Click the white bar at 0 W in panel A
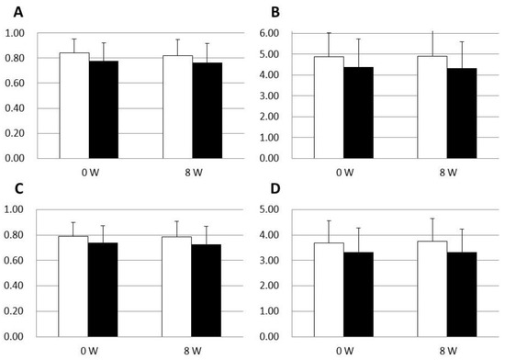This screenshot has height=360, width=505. coord(74,105)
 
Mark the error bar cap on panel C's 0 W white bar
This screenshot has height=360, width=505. coord(74,222)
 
